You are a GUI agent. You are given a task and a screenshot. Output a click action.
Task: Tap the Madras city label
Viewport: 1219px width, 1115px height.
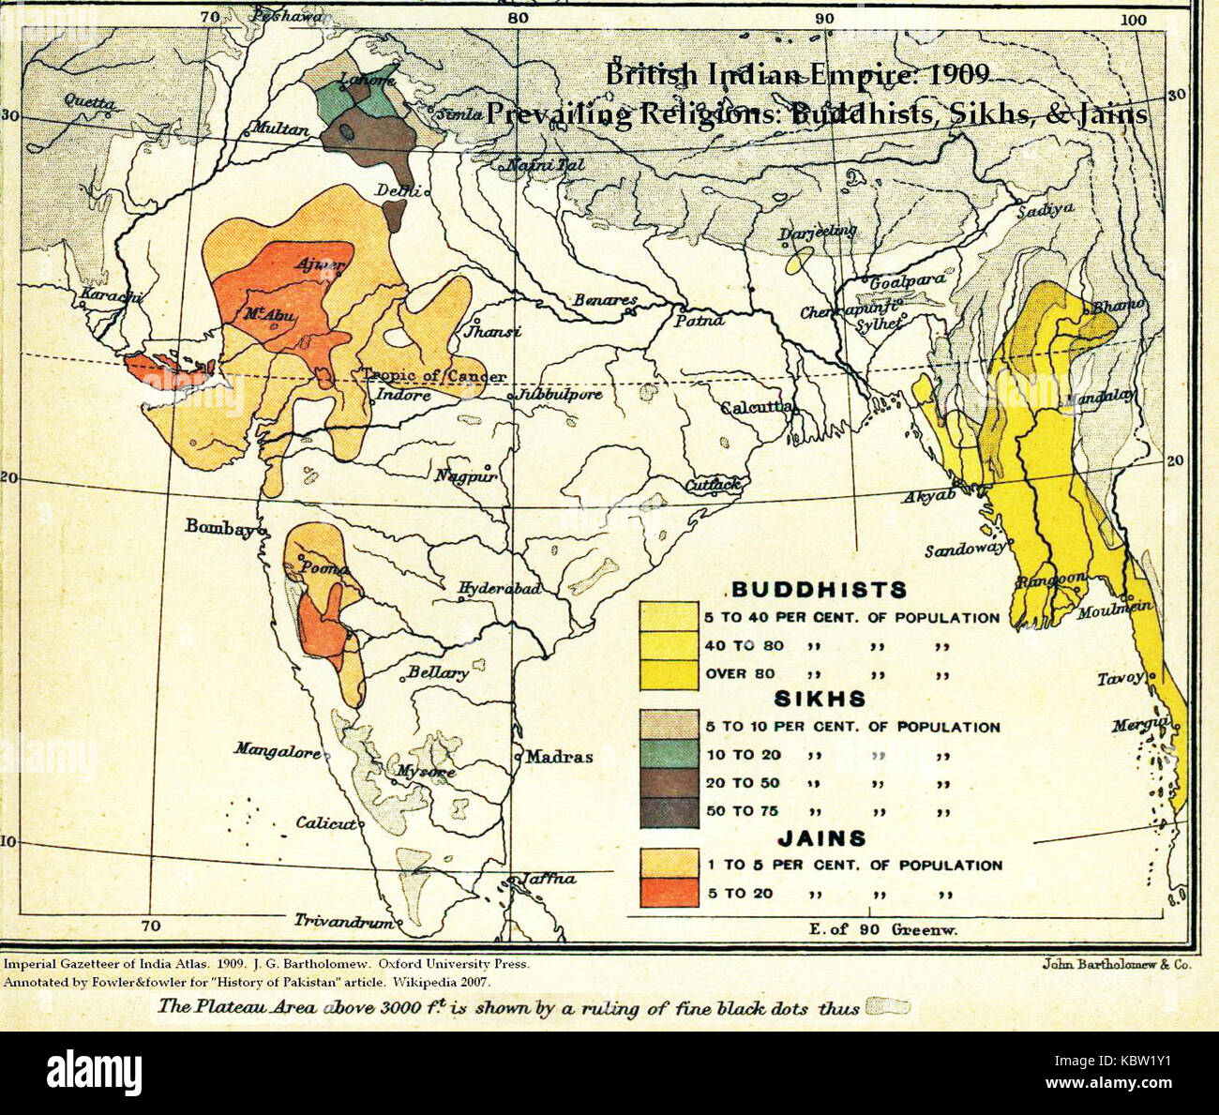[558, 756]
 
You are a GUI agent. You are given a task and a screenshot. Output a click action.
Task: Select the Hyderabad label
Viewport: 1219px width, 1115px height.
[499, 589]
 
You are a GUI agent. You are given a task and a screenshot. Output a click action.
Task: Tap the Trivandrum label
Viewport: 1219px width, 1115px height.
[343, 921]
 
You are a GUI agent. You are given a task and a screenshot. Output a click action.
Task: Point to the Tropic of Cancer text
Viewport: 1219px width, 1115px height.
[434, 376]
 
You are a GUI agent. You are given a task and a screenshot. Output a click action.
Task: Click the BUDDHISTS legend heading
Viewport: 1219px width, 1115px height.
[819, 590]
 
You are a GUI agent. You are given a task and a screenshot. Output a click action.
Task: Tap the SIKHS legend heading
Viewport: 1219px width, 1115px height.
[819, 699]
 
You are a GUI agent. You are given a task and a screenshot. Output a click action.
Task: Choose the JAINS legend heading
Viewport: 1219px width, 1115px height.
[819, 838]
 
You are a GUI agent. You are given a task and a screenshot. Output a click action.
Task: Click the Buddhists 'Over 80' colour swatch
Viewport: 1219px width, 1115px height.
[669, 674]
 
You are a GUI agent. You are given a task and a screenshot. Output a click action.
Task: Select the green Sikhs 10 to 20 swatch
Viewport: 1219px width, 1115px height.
[669, 755]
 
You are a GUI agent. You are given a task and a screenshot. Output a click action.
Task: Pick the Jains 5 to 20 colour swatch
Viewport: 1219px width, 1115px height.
[669, 893]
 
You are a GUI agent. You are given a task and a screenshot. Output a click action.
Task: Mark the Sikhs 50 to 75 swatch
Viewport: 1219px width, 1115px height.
[669, 811]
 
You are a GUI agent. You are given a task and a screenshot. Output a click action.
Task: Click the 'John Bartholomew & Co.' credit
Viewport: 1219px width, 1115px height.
[1116, 964]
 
